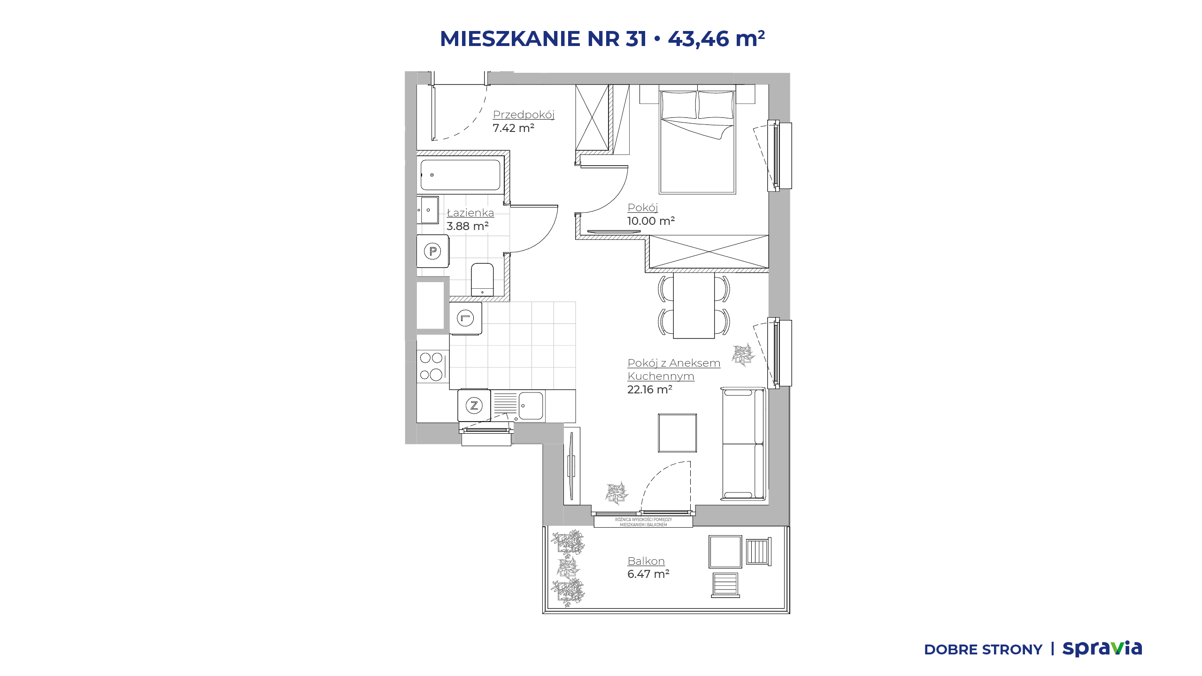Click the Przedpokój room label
click(524, 115)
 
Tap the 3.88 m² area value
click(468, 226)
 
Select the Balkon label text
click(646, 561)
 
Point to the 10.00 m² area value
click(651, 221)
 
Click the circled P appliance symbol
click(432, 251)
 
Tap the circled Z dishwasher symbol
click(474, 405)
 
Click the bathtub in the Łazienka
click(461, 175)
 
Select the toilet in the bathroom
click(482, 280)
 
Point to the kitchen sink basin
click(531, 406)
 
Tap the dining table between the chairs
click(694, 306)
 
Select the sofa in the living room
click(744, 444)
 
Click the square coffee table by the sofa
click(677, 433)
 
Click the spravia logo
click(1102, 648)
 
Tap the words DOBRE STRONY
click(983, 650)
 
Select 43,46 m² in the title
click(717, 38)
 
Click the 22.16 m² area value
click(650, 390)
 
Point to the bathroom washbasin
click(428, 210)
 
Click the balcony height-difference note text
click(643, 522)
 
